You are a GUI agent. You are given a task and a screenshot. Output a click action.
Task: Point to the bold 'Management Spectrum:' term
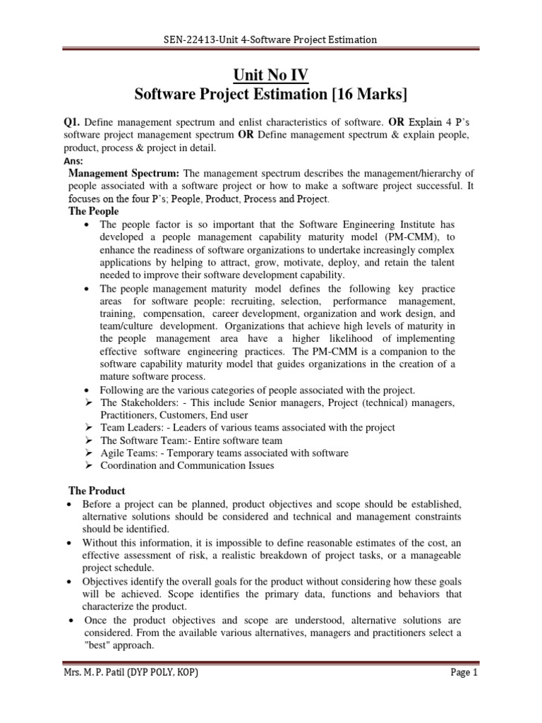click(124, 174)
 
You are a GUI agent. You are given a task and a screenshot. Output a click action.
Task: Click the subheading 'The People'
click(93, 212)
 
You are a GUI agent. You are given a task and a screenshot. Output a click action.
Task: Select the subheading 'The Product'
click(96, 490)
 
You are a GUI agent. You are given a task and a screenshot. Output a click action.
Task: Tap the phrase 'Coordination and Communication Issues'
click(187, 465)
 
